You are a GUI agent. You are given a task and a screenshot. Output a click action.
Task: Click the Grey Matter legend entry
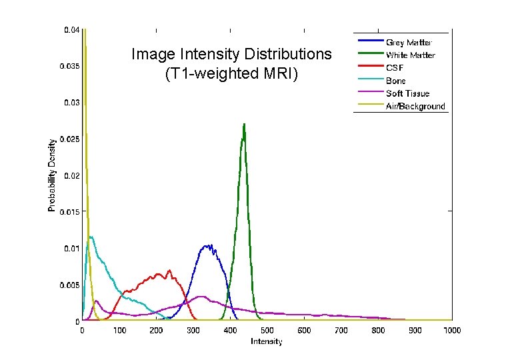[x=408, y=43]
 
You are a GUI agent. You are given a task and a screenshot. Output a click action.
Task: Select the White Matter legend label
[x=410, y=55]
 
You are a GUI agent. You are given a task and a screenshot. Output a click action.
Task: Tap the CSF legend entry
[x=395, y=68]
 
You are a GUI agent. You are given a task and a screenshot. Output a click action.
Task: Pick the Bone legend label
[x=396, y=81]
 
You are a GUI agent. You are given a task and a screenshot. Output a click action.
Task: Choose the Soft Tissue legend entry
[x=407, y=94]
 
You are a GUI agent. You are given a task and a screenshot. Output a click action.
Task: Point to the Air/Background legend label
[x=415, y=107]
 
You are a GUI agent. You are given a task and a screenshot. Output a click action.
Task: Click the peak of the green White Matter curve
[x=244, y=124]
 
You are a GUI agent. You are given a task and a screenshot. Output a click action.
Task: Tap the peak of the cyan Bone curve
[x=91, y=237]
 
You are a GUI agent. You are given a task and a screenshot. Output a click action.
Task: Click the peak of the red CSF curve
[x=169, y=270]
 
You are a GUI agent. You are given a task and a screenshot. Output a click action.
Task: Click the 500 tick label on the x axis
[x=267, y=331]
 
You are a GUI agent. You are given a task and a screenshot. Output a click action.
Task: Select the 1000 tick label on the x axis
[x=452, y=331]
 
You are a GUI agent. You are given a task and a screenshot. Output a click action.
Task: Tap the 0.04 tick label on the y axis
[x=73, y=30]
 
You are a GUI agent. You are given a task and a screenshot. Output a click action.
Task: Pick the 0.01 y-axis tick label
[x=73, y=249]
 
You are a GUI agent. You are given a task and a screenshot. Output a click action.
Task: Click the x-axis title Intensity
[x=267, y=342]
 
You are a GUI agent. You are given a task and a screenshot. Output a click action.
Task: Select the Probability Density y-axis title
[x=51, y=175]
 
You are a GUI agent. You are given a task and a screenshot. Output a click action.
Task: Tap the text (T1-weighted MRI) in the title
[x=231, y=73]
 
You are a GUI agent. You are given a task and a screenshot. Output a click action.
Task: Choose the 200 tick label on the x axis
[x=156, y=331]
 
